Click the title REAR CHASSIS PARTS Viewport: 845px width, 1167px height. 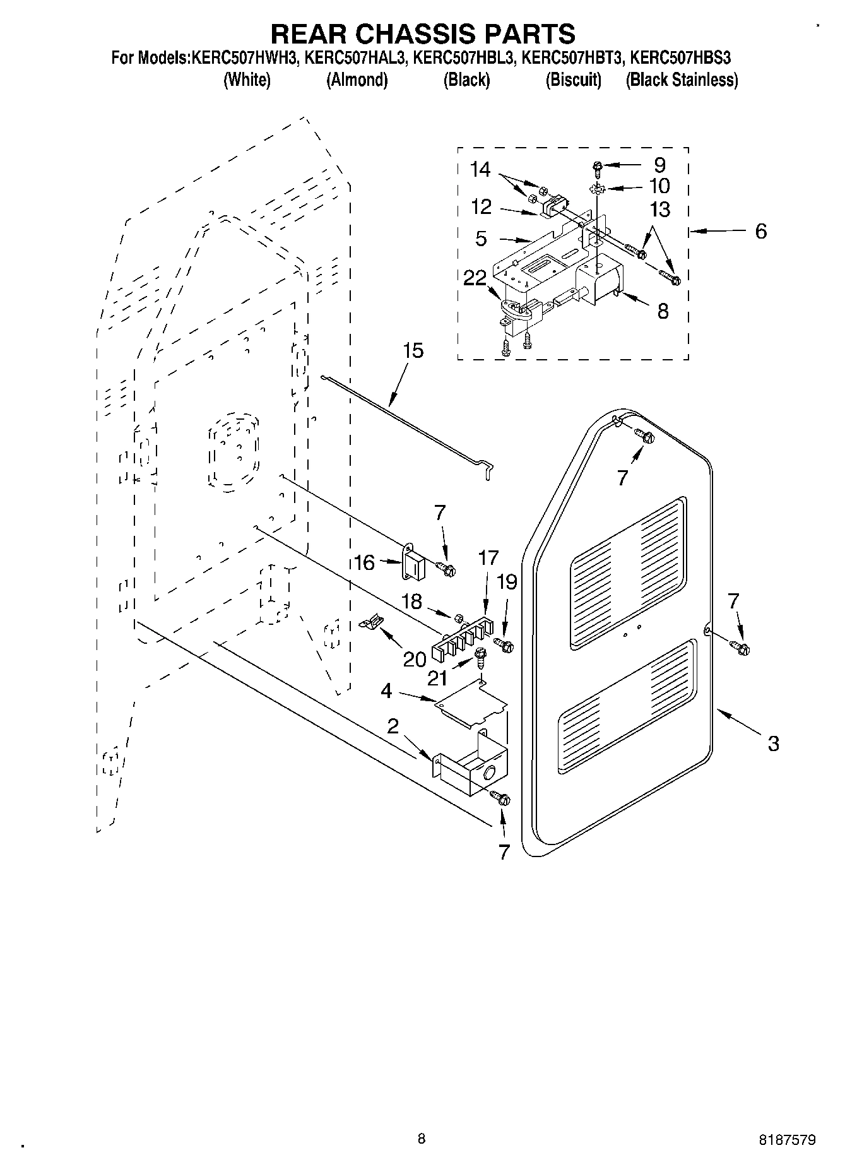pos(422,33)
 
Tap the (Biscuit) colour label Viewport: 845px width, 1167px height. pos(573,80)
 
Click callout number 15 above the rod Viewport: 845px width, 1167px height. pos(413,351)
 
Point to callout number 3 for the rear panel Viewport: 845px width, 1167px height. pos(773,743)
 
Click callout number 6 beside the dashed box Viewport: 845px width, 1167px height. pos(760,231)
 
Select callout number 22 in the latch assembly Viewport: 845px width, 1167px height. pos(475,278)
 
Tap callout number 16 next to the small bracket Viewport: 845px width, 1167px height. pos(364,562)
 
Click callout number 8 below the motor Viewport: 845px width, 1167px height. pos(663,311)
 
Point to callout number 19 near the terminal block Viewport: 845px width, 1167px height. pos(507,581)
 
